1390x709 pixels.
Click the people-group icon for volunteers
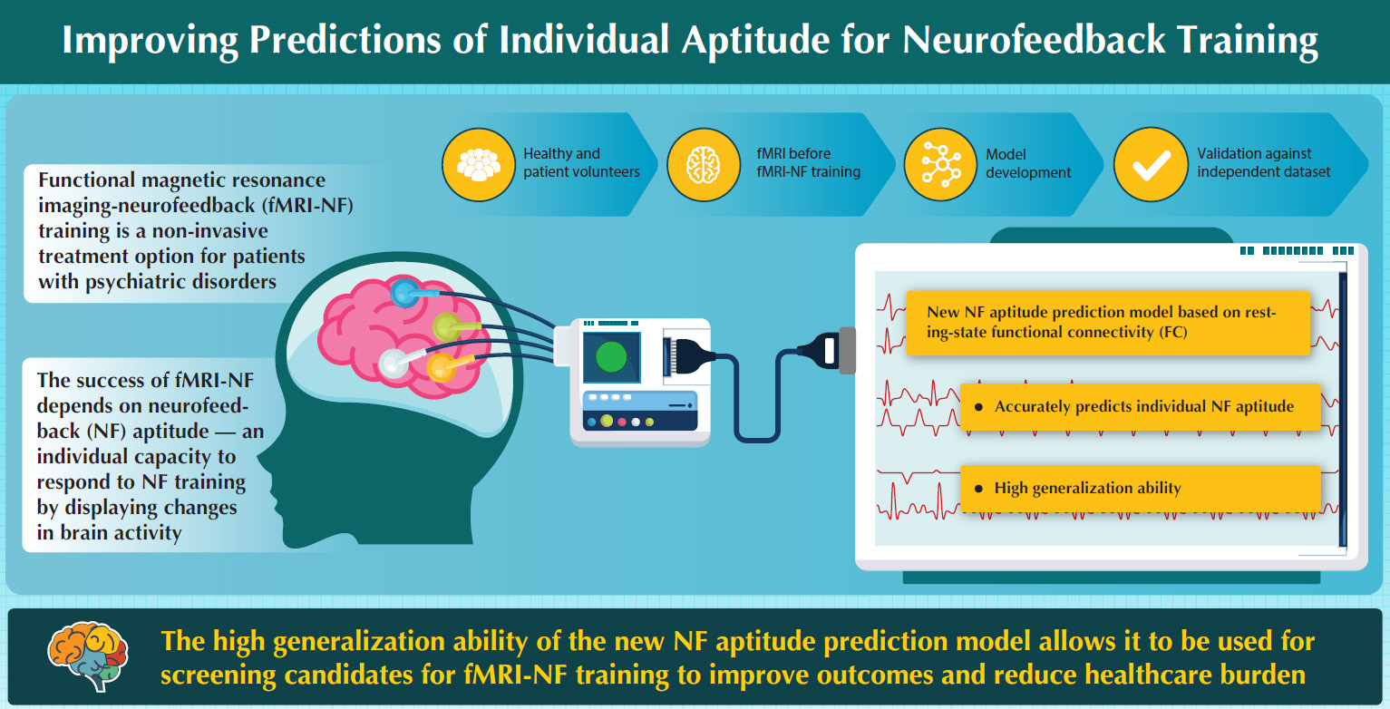click(x=479, y=165)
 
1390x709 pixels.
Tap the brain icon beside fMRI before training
click(x=703, y=165)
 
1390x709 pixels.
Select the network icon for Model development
click(x=941, y=165)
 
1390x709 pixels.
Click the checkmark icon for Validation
click(x=1152, y=165)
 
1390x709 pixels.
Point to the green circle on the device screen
click(x=611, y=357)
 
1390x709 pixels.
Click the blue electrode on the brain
click(x=405, y=293)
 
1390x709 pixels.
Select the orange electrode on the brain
click(x=442, y=367)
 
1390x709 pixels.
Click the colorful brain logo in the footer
click(x=88, y=656)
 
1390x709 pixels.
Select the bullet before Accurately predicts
click(x=978, y=407)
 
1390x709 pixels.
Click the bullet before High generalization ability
click(x=978, y=489)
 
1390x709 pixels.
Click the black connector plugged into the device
click(x=690, y=356)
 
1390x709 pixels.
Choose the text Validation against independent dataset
click(x=1263, y=162)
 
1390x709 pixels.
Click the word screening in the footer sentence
click(x=218, y=675)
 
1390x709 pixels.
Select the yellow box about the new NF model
click(x=1108, y=323)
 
